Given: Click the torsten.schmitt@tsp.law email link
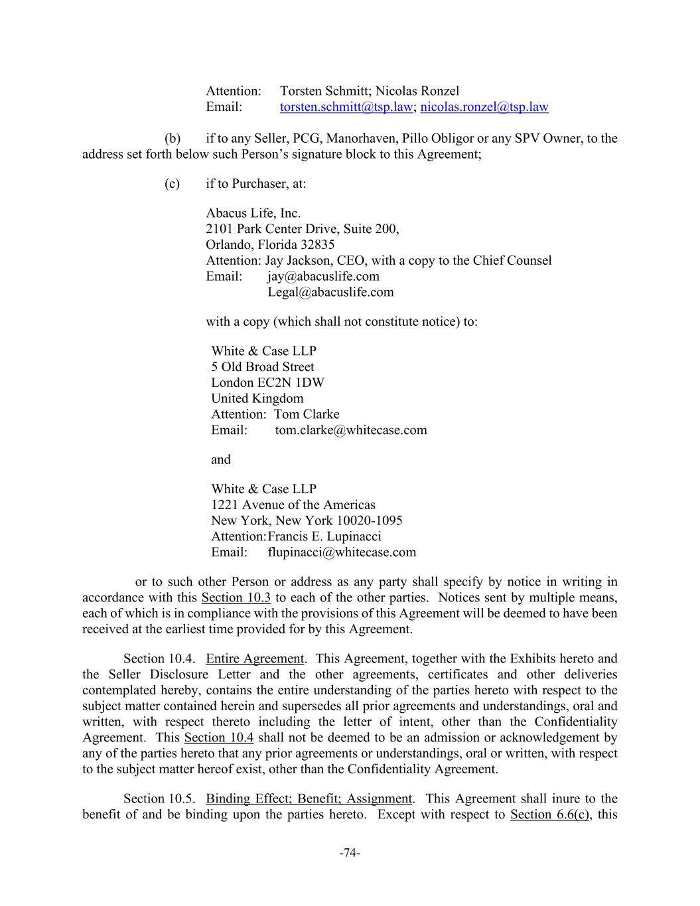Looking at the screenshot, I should (x=346, y=107).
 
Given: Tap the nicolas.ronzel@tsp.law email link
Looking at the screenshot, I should (x=484, y=107).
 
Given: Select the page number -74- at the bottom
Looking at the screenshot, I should (x=350, y=853).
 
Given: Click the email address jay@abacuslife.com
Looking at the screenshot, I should (x=323, y=277).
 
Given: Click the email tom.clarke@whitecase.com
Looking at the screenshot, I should (x=351, y=430).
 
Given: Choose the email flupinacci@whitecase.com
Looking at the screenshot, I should (x=342, y=552).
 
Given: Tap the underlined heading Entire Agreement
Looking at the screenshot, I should (x=255, y=659).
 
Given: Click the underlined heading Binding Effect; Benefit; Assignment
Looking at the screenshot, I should (x=309, y=799).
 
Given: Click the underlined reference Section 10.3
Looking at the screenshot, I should (x=236, y=598).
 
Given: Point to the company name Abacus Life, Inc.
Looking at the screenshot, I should (x=253, y=214).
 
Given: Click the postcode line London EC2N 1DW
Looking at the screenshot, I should (x=267, y=383).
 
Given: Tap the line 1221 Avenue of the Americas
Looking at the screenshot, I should (x=293, y=505).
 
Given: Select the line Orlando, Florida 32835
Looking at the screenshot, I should (x=270, y=245).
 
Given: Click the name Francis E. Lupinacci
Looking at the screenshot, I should (x=324, y=537).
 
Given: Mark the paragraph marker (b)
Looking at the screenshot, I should (x=173, y=139).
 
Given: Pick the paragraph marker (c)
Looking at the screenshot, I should (x=173, y=184).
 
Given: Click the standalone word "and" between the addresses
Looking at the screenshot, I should (x=221, y=460).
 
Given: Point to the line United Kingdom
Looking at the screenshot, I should (x=257, y=399).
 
